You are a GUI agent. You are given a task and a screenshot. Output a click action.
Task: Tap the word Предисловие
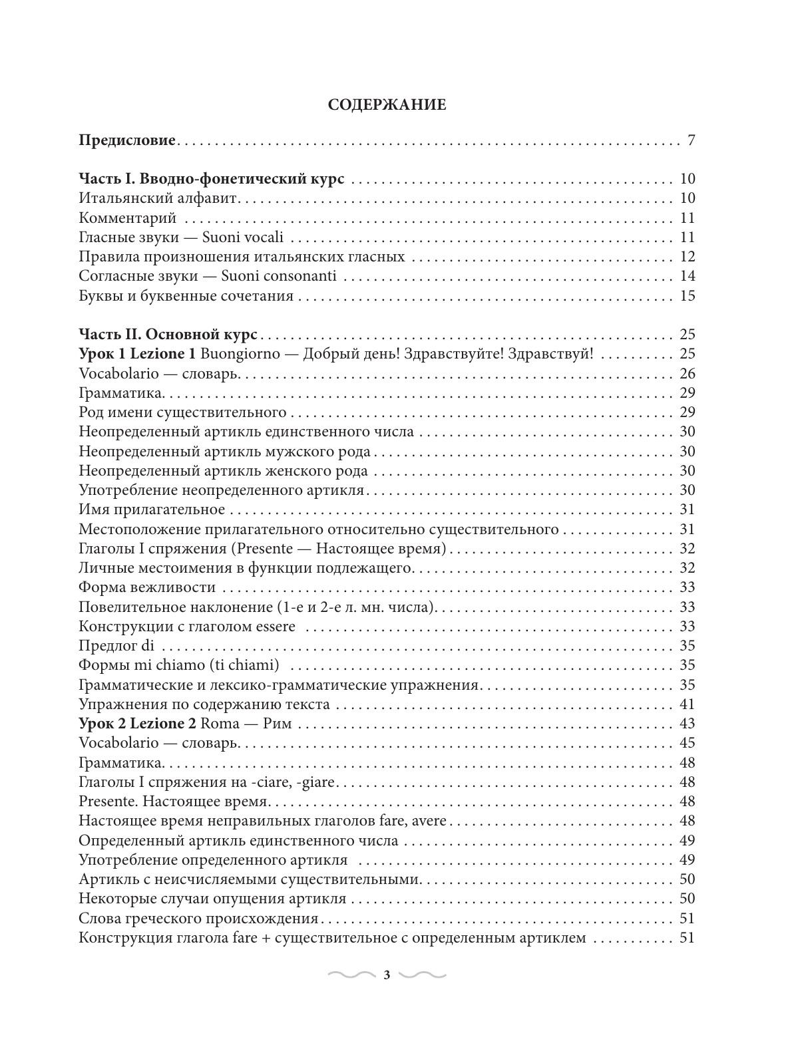(126, 141)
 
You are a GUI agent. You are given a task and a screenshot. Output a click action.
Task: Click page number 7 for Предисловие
(691, 141)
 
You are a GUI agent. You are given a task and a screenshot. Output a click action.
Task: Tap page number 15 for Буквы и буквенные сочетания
(687, 296)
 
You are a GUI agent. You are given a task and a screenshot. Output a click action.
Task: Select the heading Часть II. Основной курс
(168, 335)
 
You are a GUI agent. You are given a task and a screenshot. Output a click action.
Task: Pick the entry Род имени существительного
(182, 412)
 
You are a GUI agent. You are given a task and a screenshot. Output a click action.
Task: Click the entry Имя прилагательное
(152, 510)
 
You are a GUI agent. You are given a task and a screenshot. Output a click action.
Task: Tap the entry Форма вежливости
(146, 587)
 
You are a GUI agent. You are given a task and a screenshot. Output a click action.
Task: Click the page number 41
(687, 704)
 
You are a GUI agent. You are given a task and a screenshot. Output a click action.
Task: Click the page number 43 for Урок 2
(687, 724)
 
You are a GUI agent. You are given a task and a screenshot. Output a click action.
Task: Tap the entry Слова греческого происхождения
(198, 919)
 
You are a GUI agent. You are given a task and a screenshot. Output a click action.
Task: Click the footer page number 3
(387, 976)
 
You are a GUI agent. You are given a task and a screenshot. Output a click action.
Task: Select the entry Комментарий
(126, 218)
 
